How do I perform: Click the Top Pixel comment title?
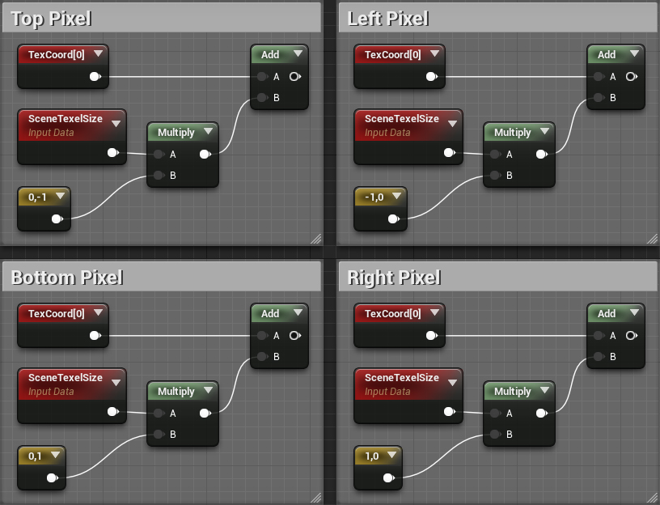tap(51, 19)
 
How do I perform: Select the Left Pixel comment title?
tap(388, 19)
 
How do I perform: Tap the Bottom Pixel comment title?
tap(67, 278)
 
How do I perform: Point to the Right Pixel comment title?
tap(394, 278)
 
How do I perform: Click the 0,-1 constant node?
tap(43, 197)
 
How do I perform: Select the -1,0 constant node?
tap(379, 197)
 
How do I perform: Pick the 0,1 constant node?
tap(40, 456)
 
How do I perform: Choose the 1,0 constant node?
tap(376, 456)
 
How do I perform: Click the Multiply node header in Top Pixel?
tap(176, 133)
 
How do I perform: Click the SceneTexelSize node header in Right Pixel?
tap(402, 378)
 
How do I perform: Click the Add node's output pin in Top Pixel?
tap(294, 77)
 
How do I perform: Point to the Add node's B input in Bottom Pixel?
tap(261, 357)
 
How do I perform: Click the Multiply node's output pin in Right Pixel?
tap(541, 413)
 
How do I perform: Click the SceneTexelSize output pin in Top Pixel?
tap(112, 153)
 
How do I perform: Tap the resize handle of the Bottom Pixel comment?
tap(315, 497)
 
